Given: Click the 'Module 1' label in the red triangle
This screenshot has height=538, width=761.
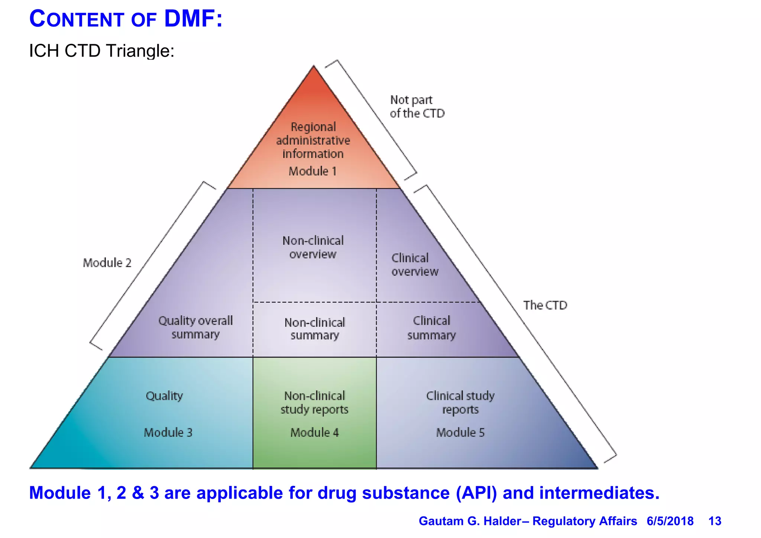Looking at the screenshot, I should point(313,171).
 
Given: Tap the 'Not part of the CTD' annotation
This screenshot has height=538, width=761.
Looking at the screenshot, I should point(417,107).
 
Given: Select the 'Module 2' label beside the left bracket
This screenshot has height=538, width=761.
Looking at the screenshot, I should point(107,263).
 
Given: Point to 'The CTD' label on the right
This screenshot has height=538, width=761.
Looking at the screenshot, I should point(545,305).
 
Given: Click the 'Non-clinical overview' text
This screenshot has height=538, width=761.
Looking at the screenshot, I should point(313,247).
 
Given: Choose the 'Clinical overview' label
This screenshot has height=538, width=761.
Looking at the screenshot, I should point(415,265).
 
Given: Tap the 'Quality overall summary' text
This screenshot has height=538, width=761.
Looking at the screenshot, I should point(195,327).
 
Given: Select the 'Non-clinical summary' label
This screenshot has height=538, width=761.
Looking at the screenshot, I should point(315,329).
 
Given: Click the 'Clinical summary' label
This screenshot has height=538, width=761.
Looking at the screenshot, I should point(431,328).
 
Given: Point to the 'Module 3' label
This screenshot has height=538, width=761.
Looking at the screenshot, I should point(168,432).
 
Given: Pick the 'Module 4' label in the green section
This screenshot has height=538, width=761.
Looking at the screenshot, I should point(314,432).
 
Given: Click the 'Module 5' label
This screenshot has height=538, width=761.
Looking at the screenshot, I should point(460,432).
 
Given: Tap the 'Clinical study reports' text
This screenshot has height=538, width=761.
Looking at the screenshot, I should point(460,402).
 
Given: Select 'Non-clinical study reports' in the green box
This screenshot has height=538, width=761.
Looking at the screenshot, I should point(314,402).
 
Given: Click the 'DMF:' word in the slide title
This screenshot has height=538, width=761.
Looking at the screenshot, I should point(193,19).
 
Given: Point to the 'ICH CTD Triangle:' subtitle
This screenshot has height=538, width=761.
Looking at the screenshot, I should point(101,51).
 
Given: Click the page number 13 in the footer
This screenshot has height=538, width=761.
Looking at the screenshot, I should point(715,521).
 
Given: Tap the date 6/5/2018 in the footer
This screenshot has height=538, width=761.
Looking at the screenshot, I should point(670,521).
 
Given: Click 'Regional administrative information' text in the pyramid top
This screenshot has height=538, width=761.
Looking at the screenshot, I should point(313,140).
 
